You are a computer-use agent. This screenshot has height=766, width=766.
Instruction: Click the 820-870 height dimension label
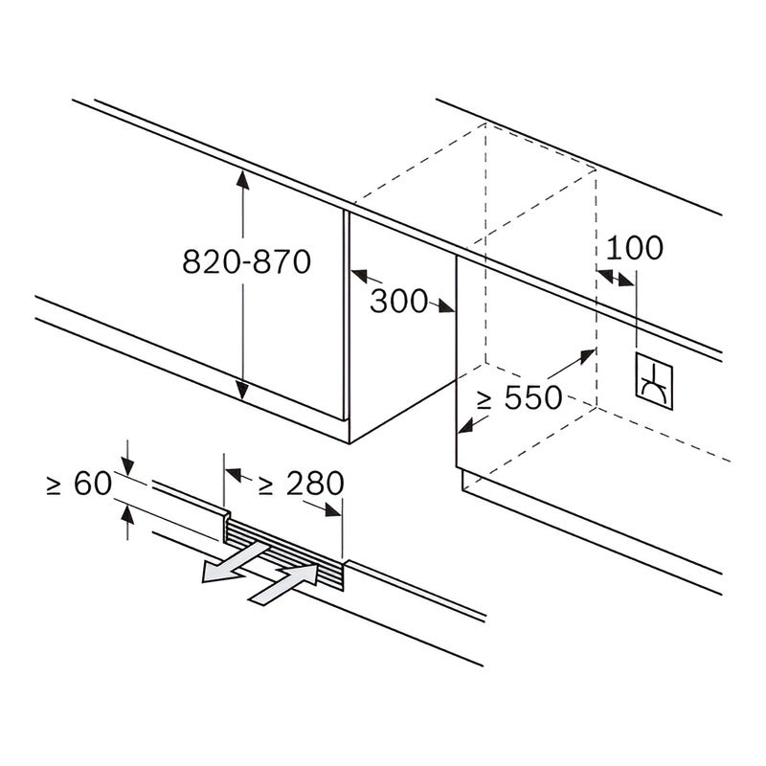tap(247, 261)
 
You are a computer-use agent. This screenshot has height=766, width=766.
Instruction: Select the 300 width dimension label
tap(398, 301)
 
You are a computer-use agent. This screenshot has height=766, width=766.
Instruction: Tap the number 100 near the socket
tap(635, 248)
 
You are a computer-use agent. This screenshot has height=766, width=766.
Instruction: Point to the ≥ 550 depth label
tap(520, 397)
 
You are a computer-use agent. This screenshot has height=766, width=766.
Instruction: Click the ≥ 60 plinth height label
tap(79, 484)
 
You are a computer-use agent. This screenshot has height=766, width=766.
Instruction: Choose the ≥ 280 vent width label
tap(301, 484)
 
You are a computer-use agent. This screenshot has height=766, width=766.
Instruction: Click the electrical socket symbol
tap(654, 381)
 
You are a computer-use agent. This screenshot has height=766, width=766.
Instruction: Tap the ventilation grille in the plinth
tap(283, 554)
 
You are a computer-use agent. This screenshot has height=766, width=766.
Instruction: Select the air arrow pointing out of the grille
tap(236, 563)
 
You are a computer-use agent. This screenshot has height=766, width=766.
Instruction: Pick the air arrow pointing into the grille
tap(283, 584)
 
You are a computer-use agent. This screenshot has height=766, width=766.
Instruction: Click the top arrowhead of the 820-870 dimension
tap(242, 180)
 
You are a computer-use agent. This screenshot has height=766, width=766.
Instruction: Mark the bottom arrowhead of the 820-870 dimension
tap(242, 390)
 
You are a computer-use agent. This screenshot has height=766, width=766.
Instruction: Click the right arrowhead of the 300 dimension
tap(445, 306)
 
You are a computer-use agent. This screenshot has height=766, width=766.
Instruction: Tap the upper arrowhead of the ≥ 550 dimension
tap(586, 356)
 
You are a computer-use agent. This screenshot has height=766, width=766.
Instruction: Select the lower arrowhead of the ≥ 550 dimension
tap(467, 425)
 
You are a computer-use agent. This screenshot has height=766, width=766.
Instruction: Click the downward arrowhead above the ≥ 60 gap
tap(127, 466)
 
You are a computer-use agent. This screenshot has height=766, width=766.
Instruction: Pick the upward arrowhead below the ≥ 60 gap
tap(127, 515)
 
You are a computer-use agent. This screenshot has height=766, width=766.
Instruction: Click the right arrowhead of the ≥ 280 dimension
tap(332, 510)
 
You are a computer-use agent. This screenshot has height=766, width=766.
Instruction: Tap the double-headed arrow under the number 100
tap(616, 278)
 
